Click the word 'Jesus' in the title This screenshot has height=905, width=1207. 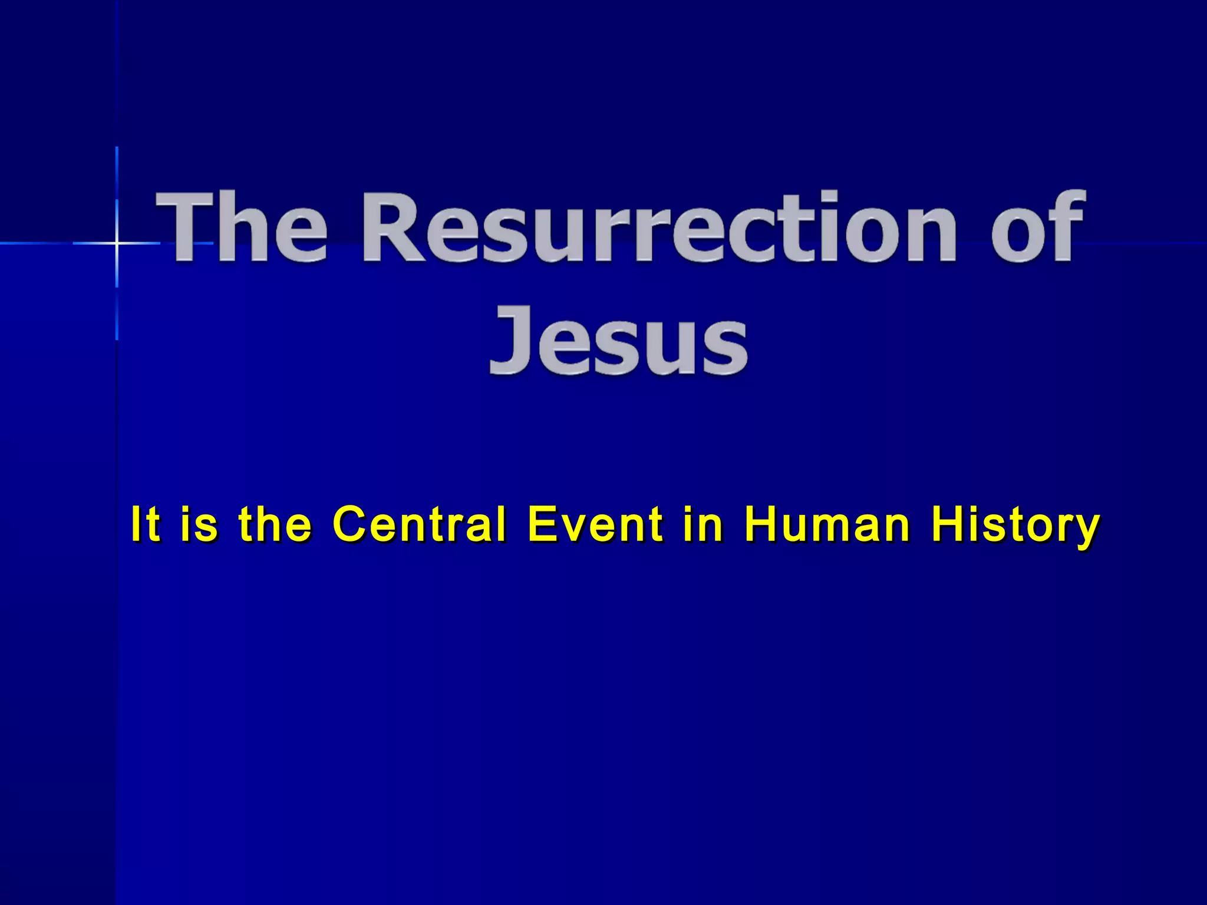tap(619, 342)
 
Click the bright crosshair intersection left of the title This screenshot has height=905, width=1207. tap(117, 243)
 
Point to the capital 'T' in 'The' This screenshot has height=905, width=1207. tap(187, 227)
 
